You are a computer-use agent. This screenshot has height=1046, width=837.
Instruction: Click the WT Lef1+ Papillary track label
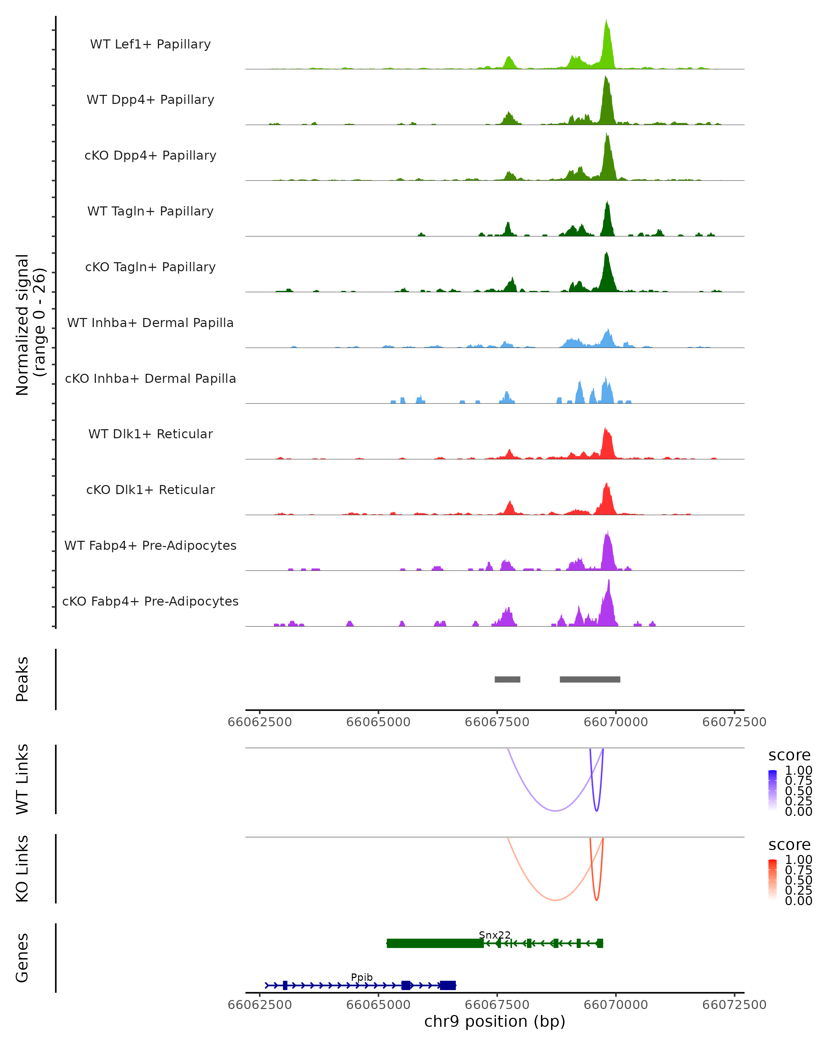(x=150, y=44)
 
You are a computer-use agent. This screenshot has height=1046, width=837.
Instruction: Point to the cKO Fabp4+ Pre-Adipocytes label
(x=150, y=601)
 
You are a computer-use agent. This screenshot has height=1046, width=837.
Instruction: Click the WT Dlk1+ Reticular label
(x=150, y=434)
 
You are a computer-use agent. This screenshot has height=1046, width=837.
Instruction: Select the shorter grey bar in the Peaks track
(x=507, y=679)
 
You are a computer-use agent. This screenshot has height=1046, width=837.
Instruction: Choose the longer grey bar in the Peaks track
(x=590, y=679)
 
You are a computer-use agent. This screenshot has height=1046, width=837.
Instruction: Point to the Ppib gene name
(x=362, y=977)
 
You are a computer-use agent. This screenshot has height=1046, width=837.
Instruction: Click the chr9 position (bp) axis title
(x=495, y=1021)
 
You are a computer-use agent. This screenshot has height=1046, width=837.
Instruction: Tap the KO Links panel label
(x=22, y=869)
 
